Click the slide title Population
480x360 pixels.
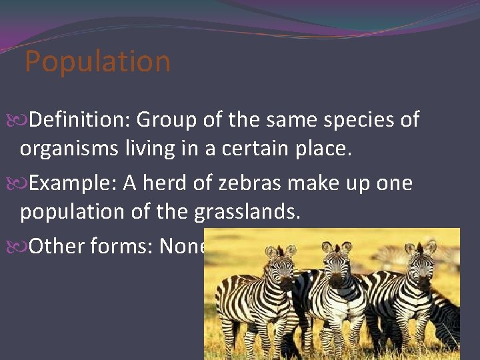(x=97, y=62)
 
